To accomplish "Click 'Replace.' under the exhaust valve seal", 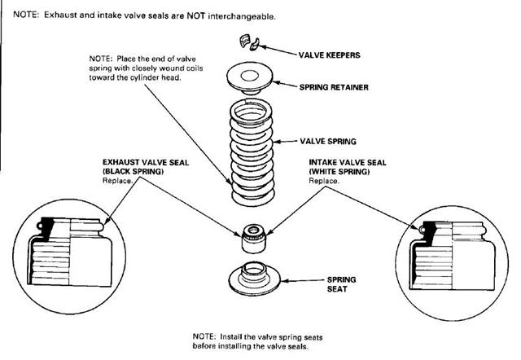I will coord(116,181).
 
